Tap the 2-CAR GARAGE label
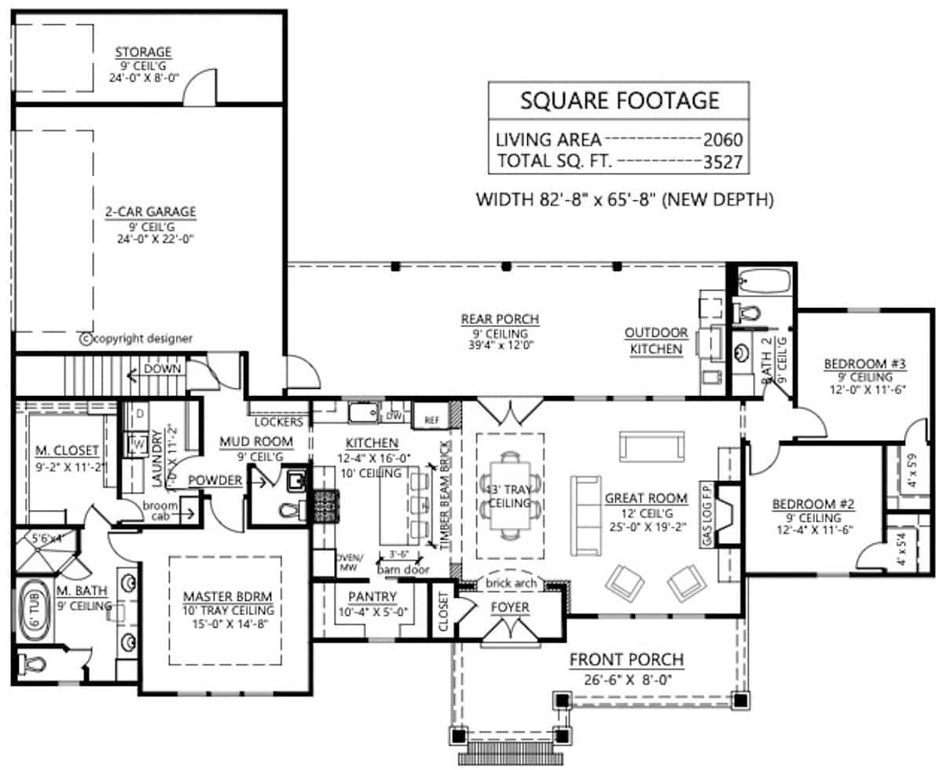(x=150, y=211)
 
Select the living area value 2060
(x=721, y=141)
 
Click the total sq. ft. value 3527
(x=721, y=162)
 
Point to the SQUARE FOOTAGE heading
(x=620, y=100)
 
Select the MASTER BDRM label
(x=223, y=596)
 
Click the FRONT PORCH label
(x=626, y=659)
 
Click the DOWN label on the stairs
(x=163, y=368)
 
